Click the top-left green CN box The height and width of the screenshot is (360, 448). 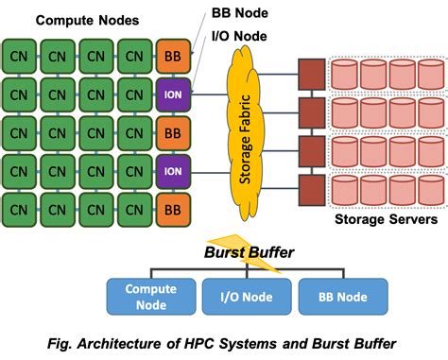click(19, 57)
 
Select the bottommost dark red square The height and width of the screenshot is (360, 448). click(309, 184)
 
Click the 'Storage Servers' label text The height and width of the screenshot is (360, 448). click(386, 220)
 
